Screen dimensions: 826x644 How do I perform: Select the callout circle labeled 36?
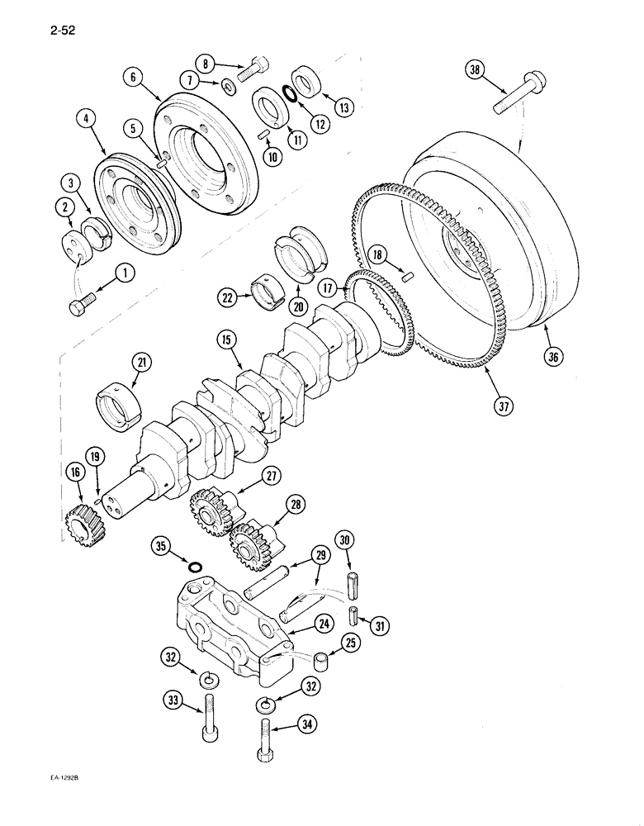pyautogui.click(x=552, y=356)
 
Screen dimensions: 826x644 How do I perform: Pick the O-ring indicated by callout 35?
pyautogui.click(x=196, y=567)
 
